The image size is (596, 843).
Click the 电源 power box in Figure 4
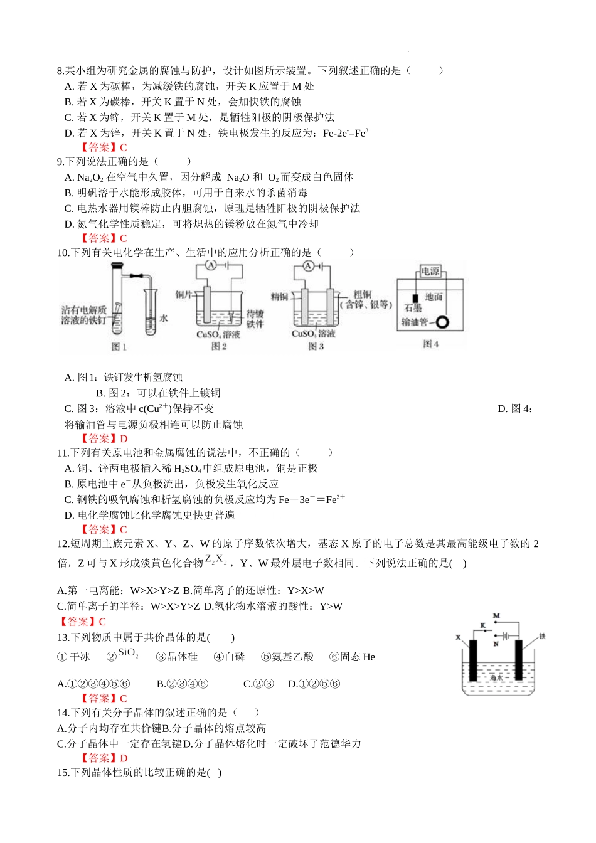point(430,271)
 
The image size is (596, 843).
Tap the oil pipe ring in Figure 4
point(443,322)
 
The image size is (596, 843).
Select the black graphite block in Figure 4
point(415,297)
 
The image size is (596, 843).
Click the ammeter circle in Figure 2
point(211,266)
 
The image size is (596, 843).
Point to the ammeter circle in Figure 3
point(307,266)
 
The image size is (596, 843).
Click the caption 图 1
point(119,347)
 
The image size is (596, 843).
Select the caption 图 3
point(316,346)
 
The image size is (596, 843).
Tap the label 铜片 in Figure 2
point(184,294)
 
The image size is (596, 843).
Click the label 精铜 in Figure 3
point(279,297)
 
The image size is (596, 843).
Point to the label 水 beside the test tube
point(164,319)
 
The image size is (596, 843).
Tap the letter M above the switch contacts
point(496,617)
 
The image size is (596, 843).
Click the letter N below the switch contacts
point(496,644)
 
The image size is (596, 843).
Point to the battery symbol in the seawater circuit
point(503,635)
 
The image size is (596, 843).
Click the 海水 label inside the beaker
point(496,677)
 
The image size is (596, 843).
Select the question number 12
point(63,544)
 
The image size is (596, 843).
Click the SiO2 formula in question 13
point(128,653)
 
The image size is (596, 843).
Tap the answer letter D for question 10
point(124,439)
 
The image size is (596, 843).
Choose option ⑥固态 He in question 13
point(352,657)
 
